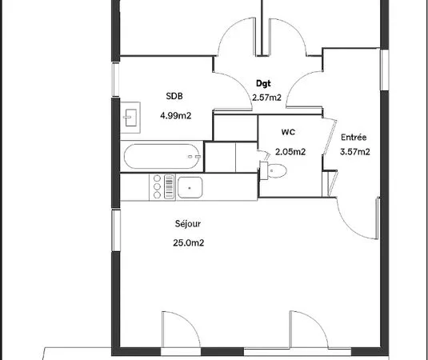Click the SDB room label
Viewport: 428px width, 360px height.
click(174, 96)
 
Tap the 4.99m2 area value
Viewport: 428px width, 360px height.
click(175, 116)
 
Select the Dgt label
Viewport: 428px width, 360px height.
click(263, 83)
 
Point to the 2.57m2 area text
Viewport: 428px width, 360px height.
click(266, 98)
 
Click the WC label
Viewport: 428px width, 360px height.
click(288, 132)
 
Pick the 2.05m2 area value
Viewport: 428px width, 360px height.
click(290, 152)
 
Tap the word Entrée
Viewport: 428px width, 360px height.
click(354, 137)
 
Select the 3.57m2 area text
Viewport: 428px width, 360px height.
click(355, 152)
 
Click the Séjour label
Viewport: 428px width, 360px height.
click(188, 224)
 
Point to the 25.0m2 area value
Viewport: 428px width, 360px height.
click(188, 242)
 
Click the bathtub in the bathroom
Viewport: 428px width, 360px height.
click(162, 156)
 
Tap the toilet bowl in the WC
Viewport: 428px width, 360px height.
click(277, 171)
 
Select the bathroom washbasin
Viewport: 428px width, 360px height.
click(130, 118)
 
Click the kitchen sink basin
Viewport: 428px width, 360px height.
click(190, 187)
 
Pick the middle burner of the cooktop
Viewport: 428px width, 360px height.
click(157, 186)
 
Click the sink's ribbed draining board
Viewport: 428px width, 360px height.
click(170, 186)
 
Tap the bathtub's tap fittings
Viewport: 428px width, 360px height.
click(194, 157)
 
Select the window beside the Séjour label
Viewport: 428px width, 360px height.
click(116, 230)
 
